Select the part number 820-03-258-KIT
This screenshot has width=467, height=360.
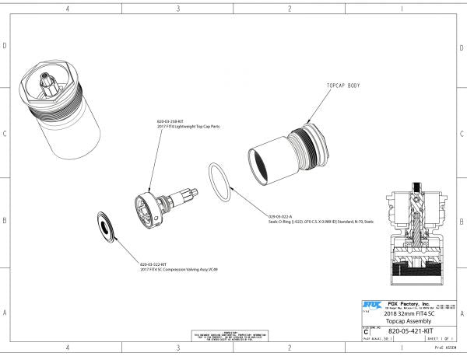[170, 121]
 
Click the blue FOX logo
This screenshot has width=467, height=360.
[370, 305]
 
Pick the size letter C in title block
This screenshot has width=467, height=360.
[367, 331]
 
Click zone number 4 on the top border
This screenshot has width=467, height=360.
[68, 9]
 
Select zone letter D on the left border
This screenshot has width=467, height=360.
[5, 46]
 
